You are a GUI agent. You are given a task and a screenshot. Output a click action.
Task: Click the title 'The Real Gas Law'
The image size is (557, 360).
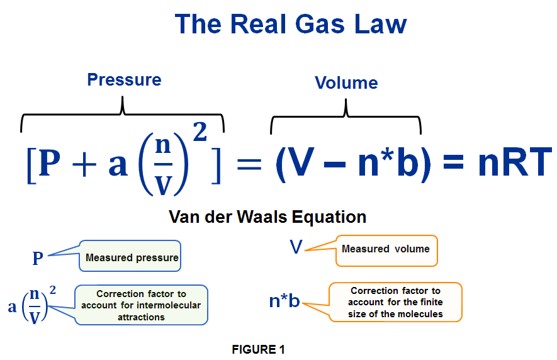(x=290, y=25)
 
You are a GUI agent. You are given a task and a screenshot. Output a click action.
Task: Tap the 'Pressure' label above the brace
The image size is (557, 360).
(x=124, y=80)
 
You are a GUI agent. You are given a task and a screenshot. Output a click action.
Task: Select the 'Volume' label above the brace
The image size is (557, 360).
(x=346, y=83)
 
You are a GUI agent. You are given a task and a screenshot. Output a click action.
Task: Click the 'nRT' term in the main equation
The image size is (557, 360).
(x=514, y=162)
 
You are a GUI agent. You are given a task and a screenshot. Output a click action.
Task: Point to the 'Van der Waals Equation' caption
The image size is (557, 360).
(x=267, y=217)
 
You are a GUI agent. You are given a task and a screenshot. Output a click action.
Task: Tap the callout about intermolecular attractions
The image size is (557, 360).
(x=141, y=305)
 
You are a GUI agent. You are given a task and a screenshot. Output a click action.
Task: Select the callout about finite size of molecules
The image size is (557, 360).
(x=395, y=301)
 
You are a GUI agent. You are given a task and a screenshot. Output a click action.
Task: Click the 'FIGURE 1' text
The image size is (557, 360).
(x=258, y=349)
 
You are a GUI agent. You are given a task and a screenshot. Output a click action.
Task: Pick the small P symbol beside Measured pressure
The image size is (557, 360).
(x=38, y=259)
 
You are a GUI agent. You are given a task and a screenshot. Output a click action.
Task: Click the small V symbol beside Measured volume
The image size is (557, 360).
(x=296, y=247)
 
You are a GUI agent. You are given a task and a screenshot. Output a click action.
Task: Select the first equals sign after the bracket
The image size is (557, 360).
(x=248, y=164)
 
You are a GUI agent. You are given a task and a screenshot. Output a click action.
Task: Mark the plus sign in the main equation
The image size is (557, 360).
(x=84, y=164)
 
